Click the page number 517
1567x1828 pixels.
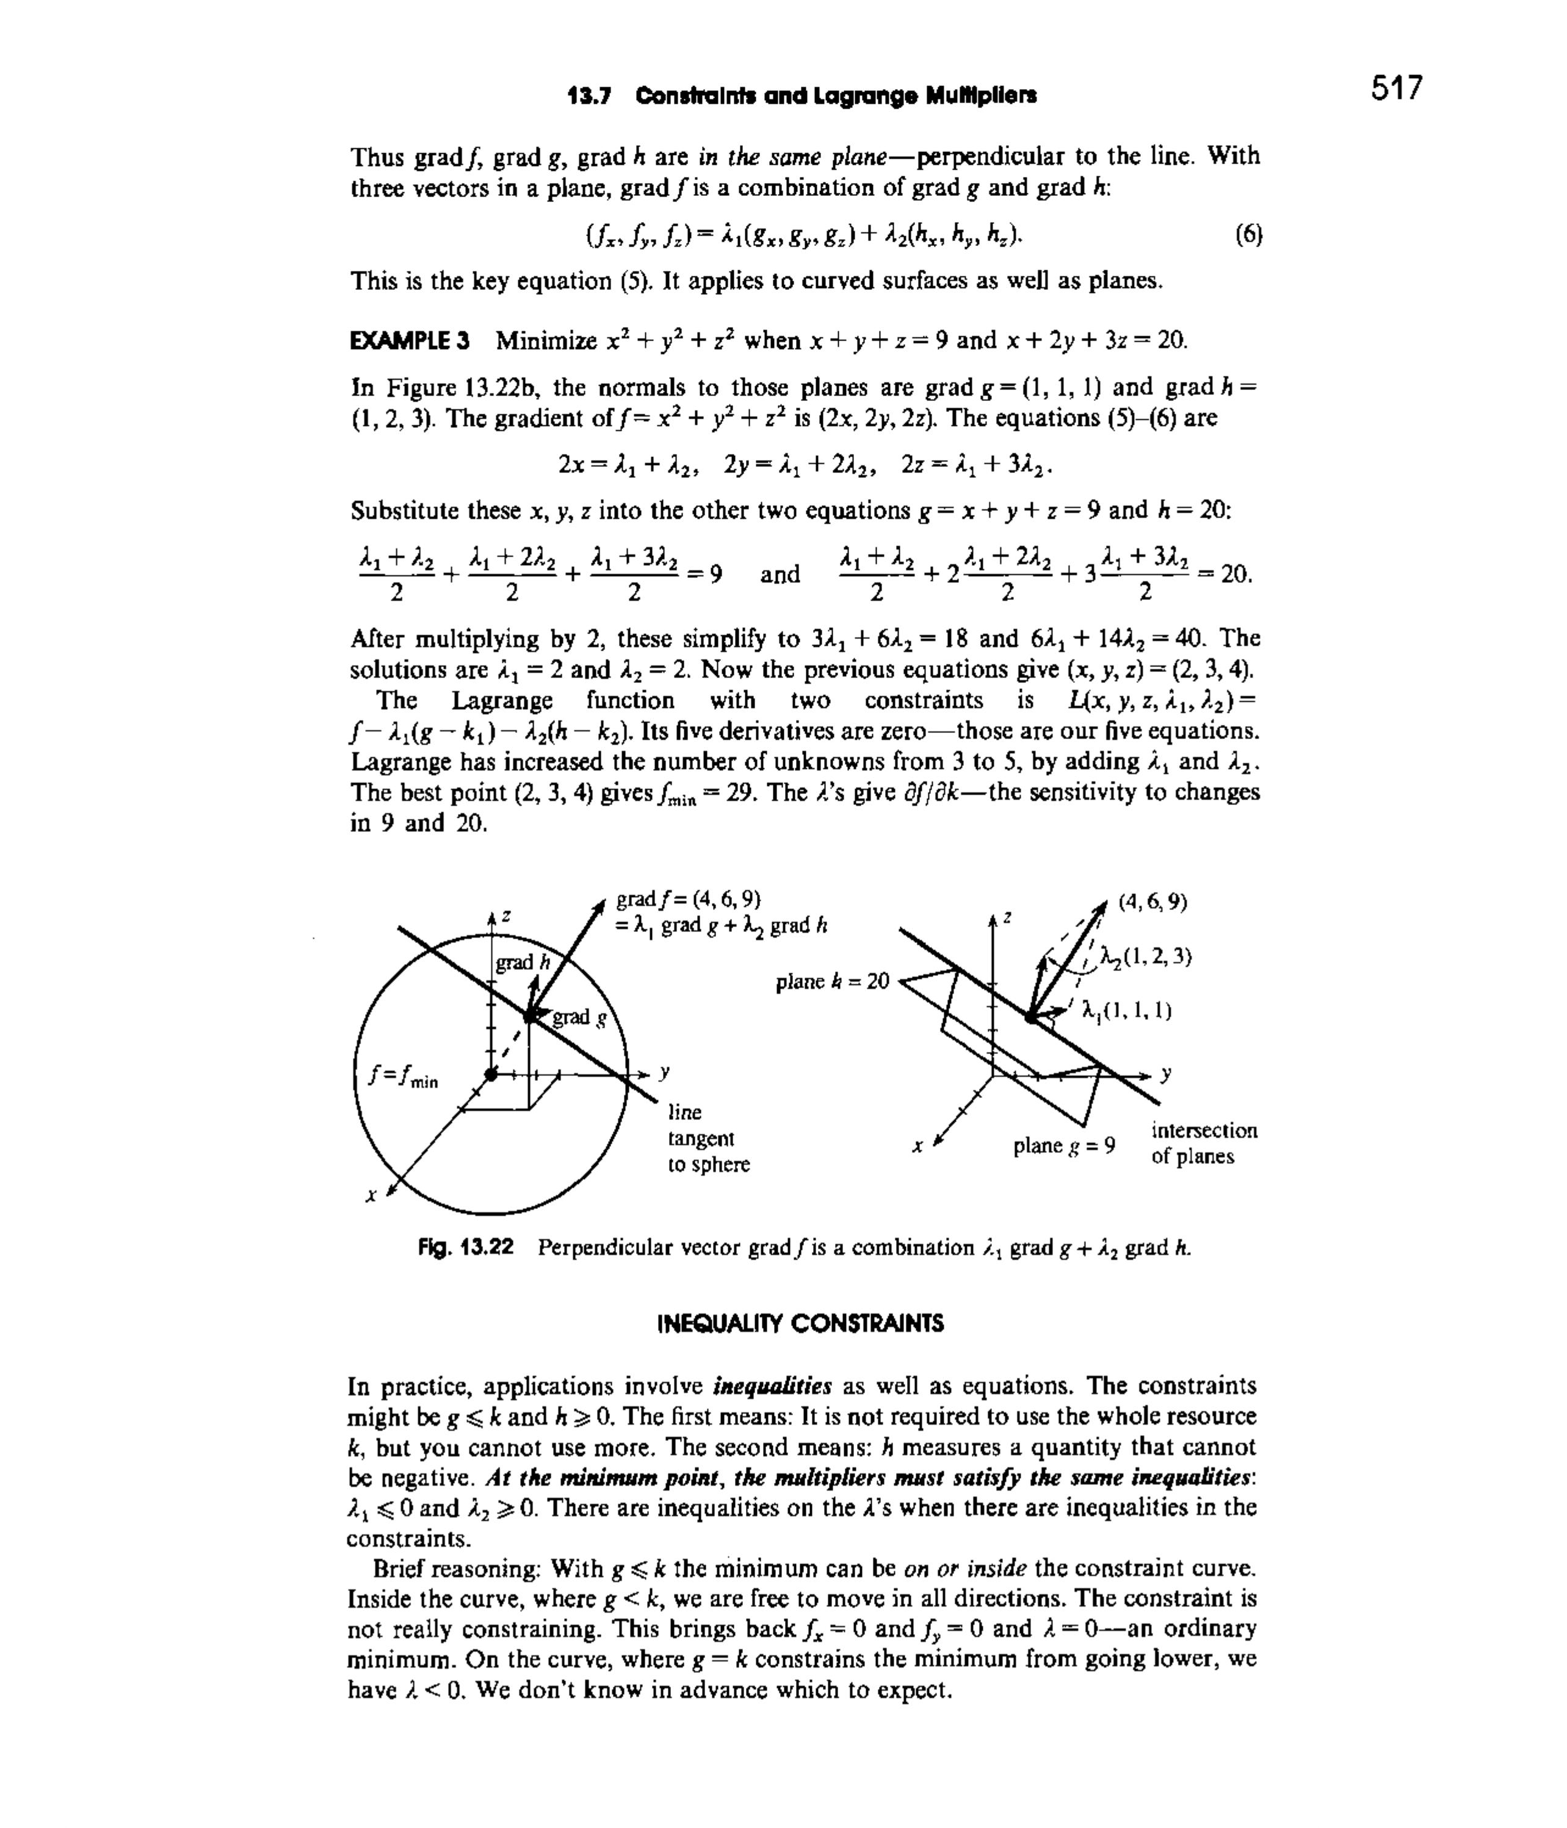(x=1397, y=89)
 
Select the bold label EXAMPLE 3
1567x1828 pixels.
(x=410, y=341)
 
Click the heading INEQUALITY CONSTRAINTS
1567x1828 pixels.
(x=800, y=1323)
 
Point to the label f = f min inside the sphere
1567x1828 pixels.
(x=404, y=1078)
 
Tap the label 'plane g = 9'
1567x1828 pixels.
(x=1064, y=1146)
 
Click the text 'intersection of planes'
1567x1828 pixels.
(x=1204, y=1143)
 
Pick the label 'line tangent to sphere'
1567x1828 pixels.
(x=709, y=1138)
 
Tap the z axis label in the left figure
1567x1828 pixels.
(x=507, y=917)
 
